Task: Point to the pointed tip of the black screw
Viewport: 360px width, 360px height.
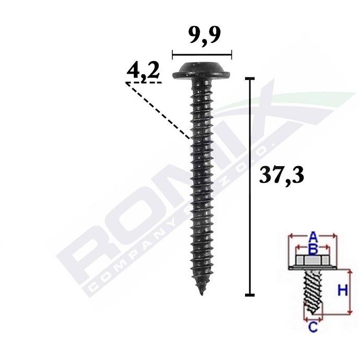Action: tap(201, 294)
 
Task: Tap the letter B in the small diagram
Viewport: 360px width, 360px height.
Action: tap(313, 250)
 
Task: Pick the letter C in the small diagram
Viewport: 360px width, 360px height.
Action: tap(313, 327)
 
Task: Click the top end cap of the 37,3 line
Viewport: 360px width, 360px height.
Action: tap(250, 78)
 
